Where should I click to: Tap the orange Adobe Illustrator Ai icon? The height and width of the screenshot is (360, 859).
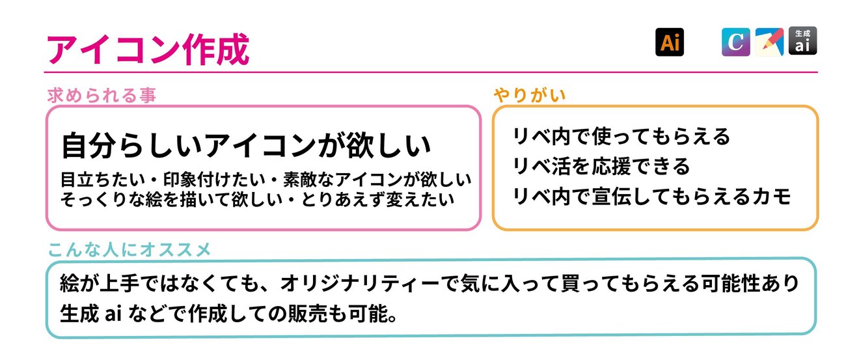[669, 42]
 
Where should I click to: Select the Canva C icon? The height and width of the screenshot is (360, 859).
[735, 42]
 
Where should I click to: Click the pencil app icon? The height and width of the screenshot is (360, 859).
[769, 42]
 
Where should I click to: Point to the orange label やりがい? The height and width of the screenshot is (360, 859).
[530, 96]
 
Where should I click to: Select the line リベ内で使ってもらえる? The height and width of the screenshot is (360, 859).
[621, 136]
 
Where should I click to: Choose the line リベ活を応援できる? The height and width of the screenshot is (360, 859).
[601, 166]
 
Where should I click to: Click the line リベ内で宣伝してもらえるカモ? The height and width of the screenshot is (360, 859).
[651, 196]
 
